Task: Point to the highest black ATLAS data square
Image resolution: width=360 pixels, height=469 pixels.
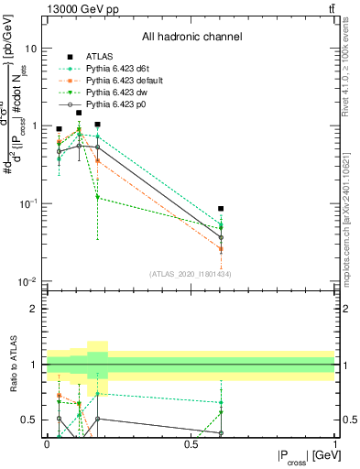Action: (79, 114)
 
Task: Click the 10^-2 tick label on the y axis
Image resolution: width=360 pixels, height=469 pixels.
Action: (27, 280)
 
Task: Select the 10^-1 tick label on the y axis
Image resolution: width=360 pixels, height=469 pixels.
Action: (27, 203)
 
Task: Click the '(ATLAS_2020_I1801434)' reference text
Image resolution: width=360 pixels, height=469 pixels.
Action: (191, 274)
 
